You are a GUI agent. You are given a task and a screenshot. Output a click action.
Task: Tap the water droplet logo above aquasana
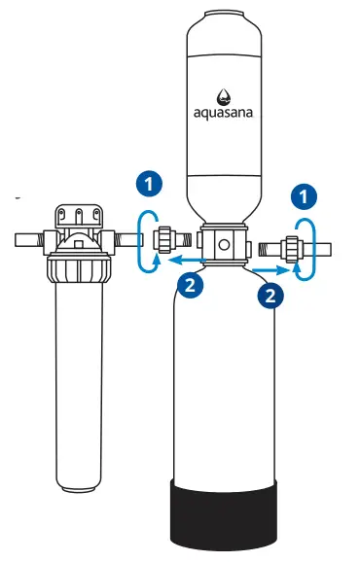pyautogui.click(x=223, y=94)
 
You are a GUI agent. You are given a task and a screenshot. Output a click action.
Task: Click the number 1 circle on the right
pyautogui.click(x=306, y=195)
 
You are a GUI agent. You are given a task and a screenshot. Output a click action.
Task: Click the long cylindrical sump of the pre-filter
pyautogui.click(x=78, y=389)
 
